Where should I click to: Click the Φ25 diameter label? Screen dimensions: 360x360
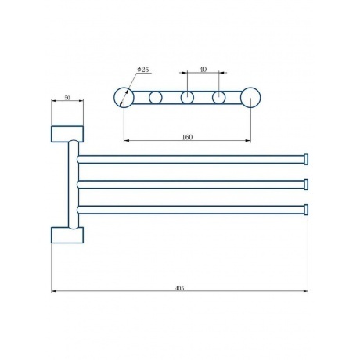[143, 70]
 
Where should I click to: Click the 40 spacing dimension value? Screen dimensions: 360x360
[203, 70]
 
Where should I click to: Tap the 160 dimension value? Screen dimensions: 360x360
[187, 137]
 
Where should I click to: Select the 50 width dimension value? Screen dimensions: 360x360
[67, 98]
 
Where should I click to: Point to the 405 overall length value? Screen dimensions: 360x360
[179, 288]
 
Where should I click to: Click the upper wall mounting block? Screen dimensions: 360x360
[67, 134]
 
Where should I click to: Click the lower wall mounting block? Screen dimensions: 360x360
[67, 235]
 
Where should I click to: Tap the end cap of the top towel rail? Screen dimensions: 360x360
[306, 160]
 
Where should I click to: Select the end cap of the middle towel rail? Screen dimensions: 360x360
[306, 185]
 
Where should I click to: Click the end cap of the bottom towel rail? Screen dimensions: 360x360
[306, 210]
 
